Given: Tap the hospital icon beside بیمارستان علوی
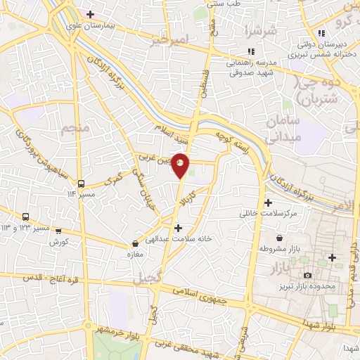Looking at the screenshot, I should [x=90, y=14].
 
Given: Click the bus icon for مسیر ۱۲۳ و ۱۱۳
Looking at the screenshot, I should [x=26, y=217].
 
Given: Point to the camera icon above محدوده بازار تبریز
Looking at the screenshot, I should [x=307, y=275].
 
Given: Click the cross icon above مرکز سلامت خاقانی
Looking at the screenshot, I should [x=268, y=202].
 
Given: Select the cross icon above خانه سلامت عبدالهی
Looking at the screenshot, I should [x=178, y=228].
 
